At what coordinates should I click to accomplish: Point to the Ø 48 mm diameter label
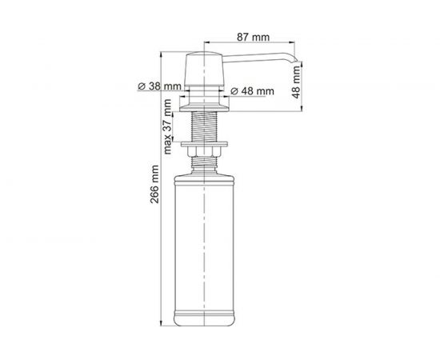tap(252, 91)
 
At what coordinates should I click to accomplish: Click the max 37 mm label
tap(169, 127)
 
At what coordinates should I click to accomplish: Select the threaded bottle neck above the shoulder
tap(207, 164)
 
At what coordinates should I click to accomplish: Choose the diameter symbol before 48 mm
tap(234, 91)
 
